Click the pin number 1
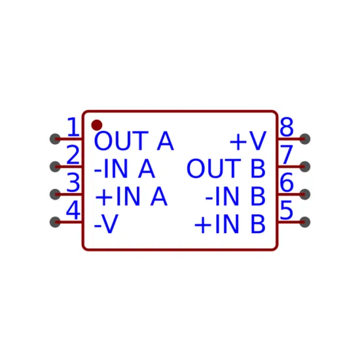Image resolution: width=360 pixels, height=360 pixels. [73, 126]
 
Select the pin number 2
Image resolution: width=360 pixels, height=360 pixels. [73, 154]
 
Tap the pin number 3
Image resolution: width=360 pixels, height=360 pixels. [73, 183]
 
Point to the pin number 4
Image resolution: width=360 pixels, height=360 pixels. [73, 210]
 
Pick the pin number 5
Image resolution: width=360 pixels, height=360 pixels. [287, 210]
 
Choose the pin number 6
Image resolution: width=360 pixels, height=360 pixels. [287, 183]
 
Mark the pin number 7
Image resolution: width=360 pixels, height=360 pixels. [287, 154]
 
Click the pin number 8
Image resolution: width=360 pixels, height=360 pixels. [287, 126]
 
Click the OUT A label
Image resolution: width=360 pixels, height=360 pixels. [134, 141]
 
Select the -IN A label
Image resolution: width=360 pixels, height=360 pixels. [124, 169]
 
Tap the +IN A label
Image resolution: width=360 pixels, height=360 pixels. [131, 196]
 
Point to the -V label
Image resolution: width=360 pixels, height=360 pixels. [106, 225]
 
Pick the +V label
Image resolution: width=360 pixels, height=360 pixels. [248, 141]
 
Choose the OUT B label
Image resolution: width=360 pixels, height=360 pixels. [226, 169]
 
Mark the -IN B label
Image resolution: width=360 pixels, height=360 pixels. [236, 196]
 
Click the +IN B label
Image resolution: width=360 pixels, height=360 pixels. [230, 225]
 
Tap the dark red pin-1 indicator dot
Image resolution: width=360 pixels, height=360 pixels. [97, 125]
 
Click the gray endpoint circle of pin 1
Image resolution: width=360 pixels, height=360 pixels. [55, 139]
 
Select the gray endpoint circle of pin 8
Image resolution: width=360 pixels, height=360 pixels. [304, 139]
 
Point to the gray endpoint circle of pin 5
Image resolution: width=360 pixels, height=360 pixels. [304, 222]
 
